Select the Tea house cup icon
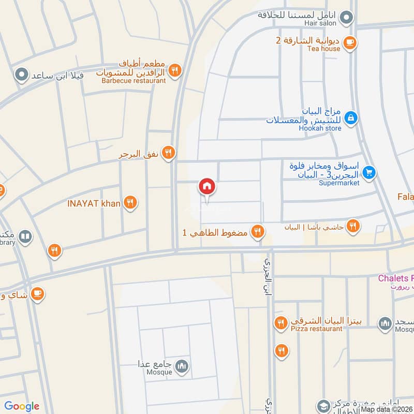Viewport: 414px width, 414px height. tap(350, 41)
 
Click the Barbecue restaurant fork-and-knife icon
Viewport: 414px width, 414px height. tap(175, 70)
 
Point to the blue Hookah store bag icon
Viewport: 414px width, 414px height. tap(350, 117)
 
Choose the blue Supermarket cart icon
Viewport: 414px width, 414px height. tap(368, 172)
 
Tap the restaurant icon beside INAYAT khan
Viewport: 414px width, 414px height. tap(130, 203)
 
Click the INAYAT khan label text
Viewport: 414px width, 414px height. tap(94, 203)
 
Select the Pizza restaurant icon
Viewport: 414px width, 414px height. tap(280, 323)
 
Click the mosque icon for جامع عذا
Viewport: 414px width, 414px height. tap(181, 367)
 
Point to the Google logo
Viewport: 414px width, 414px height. tap(22, 406)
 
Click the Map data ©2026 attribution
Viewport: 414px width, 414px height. tap(387, 409)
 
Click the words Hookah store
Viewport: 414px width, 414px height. tap(320, 128)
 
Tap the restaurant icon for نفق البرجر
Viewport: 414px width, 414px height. tap(168, 153)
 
